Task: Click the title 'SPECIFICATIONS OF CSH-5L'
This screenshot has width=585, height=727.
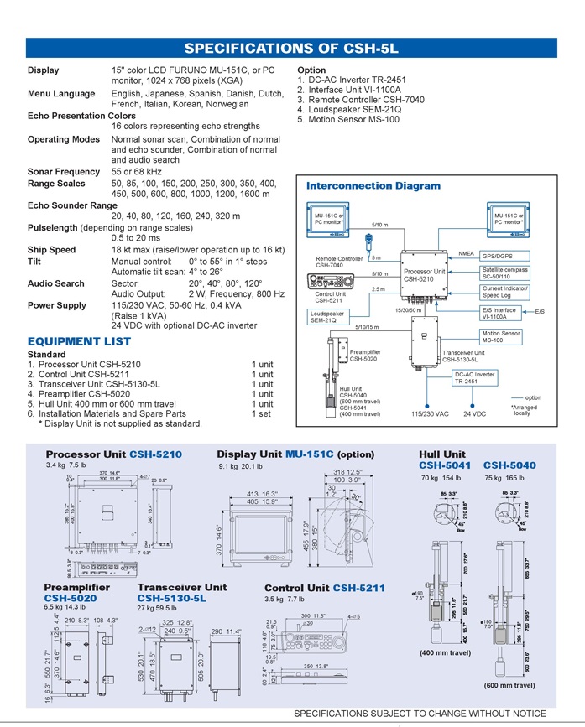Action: (x=292, y=48)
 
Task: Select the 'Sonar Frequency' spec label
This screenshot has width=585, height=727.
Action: (x=64, y=171)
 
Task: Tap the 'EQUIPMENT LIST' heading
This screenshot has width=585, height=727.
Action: (x=79, y=341)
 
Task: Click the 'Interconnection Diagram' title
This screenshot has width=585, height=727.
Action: (x=373, y=185)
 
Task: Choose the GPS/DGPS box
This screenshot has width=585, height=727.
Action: (x=499, y=256)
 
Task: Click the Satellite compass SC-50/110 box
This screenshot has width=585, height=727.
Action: (x=504, y=273)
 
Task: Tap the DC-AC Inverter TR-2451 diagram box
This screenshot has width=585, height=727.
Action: (x=474, y=377)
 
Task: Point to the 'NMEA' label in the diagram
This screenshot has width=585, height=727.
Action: (x=466, y=253)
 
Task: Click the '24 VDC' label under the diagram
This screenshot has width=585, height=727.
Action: (x=474, y=413)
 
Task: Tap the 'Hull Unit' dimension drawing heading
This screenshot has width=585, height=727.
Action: (x=442, y=454)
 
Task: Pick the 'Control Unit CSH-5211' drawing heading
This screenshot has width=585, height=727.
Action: (x=325, y=588)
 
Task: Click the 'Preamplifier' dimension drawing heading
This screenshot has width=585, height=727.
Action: (x=76, y=588)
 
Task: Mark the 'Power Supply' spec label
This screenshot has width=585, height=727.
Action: (x=56, y=305)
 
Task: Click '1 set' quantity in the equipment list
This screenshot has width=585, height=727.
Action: (x=262, y=413)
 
